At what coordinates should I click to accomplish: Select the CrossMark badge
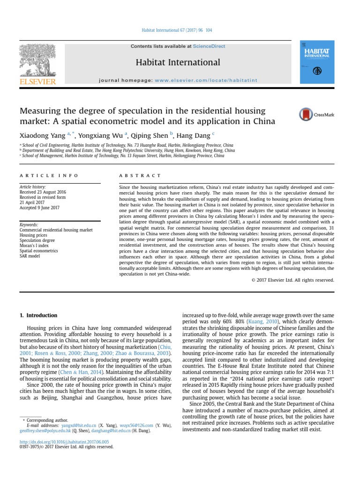(316, 114)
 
